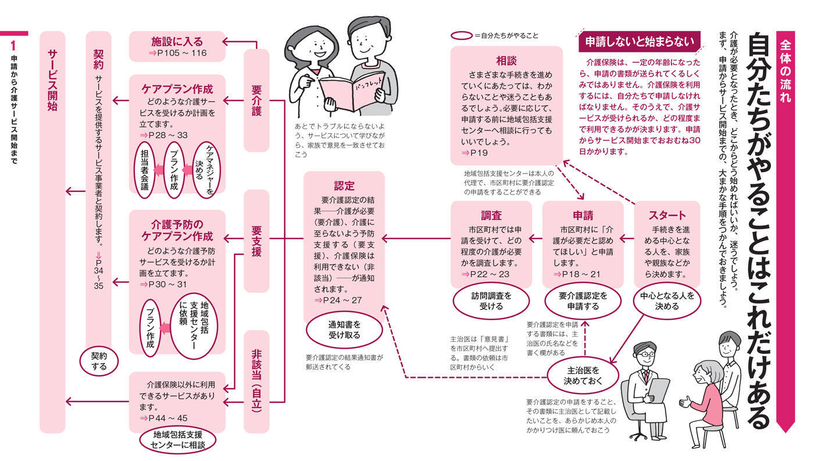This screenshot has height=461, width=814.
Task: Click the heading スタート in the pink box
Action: coord(666,215)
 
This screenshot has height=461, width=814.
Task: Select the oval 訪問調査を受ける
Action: coord(491,301)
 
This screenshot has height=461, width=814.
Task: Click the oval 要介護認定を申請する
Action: coord(583,301)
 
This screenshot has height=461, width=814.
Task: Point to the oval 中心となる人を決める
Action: coord(666,301)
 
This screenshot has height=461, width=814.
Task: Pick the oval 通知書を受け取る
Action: coord(344,329)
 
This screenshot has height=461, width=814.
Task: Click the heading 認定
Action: coord(344,186)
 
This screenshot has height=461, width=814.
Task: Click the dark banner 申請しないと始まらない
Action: coord(640,41)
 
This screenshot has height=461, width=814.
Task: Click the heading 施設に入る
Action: coord(177,42)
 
